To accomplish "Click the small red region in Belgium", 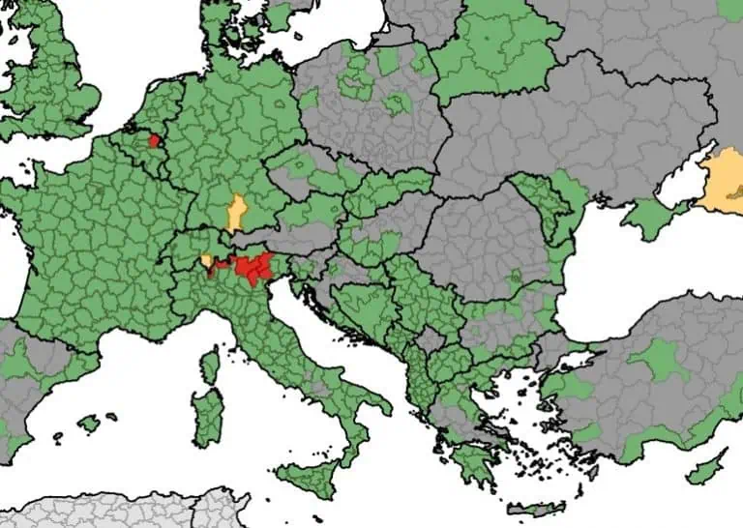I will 154,140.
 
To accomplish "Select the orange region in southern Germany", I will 235,212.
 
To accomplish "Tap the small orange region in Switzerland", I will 207,260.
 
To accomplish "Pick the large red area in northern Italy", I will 253,268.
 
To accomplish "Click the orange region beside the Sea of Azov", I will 724,181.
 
